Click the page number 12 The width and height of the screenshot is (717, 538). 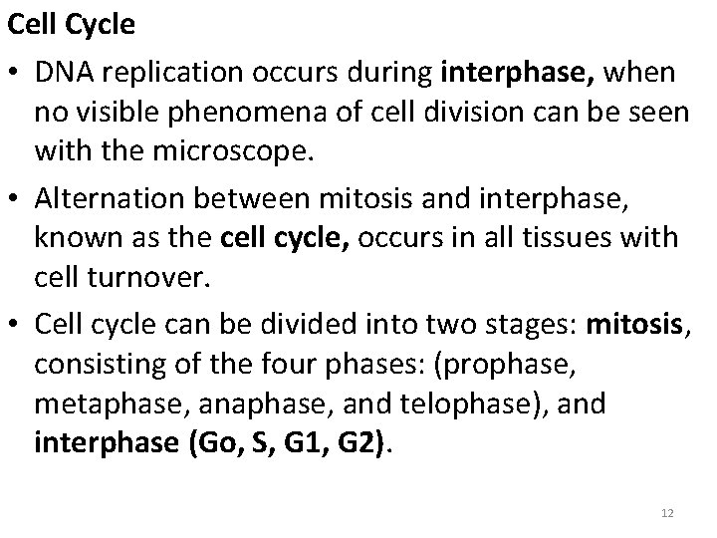[666, 511]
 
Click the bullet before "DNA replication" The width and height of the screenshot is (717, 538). [16, 74]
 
